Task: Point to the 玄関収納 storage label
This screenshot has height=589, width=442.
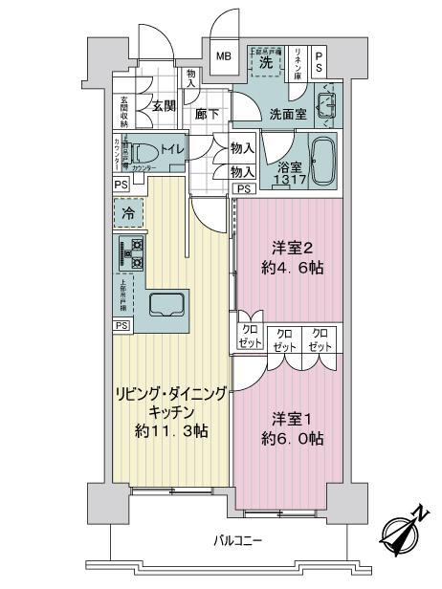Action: (x=125, y=113)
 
